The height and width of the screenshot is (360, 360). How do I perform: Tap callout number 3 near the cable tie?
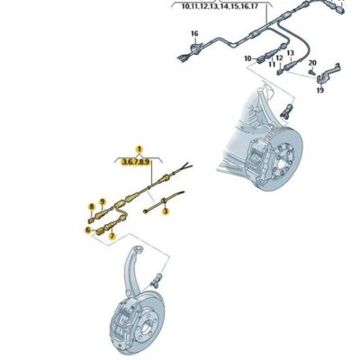tap(166, 211)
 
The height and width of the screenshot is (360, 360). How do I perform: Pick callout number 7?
tap(112, 235)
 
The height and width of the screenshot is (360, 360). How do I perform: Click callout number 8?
tap(91, 207)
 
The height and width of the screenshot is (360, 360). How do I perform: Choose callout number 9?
tap(103, 202)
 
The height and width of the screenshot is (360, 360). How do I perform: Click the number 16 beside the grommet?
tap(193, 34)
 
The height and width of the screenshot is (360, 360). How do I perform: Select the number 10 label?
tap(247, 58)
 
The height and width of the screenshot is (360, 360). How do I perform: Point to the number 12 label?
tap(278, 57)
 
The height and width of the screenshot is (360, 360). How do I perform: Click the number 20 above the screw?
tap(312, 63)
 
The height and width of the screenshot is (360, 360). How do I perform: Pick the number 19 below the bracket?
tap(319, 90)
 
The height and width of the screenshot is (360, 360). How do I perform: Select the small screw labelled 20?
tap(310, 73)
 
